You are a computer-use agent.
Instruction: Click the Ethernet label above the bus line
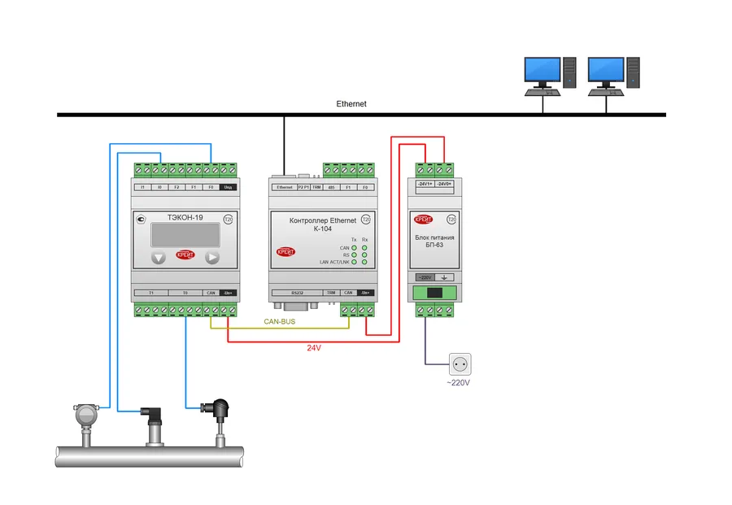pos(351,104)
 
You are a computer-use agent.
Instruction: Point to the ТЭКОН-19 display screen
pos(184,235)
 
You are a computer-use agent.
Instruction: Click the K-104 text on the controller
pos(322,229)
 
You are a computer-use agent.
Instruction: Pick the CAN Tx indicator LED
pos(355,248)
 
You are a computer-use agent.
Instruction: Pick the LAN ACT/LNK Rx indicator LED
pos(365,263)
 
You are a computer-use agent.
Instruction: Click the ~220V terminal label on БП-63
pos(424,277)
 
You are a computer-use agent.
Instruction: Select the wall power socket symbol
pos(460,364)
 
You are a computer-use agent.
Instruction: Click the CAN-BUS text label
pos(279,322)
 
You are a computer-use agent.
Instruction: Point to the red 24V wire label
pos(313,348)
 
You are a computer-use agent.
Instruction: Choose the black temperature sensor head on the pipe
pos(220,406)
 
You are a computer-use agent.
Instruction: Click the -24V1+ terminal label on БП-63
pos(424,185)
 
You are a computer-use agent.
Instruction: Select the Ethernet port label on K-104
pos(284,187)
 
